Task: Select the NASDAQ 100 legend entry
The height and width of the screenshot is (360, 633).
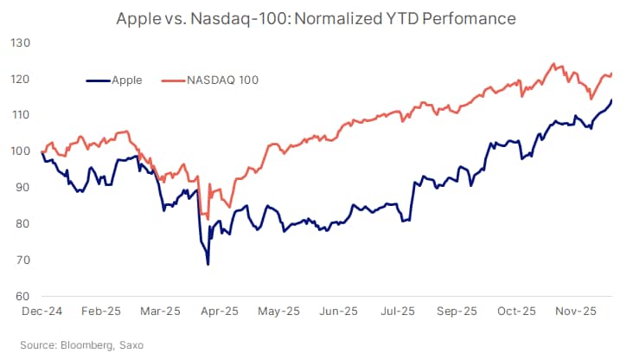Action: (x=222, y=80)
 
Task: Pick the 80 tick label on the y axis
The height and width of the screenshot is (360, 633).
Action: (x=21, y=224)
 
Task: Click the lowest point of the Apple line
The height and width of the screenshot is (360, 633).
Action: (x=208, y=264)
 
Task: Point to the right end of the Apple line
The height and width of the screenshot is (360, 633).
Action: (x=612, y=100)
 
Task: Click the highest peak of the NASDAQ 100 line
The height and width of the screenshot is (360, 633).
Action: (x=553, y=64)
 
